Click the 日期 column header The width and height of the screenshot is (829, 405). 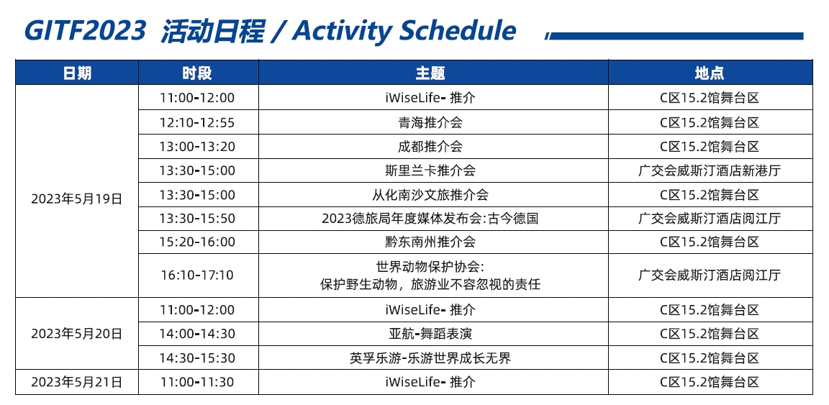(77, 73)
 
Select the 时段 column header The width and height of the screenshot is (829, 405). (198, 73)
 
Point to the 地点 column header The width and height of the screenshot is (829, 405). (710, 73)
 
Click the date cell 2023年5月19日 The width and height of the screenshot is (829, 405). (77, 199)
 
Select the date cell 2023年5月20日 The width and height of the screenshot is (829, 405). (77, 334)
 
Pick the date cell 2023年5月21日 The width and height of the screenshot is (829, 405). (77, 382)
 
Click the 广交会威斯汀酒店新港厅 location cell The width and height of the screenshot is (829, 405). (710, 170)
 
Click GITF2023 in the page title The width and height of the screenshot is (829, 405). (85, 31)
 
